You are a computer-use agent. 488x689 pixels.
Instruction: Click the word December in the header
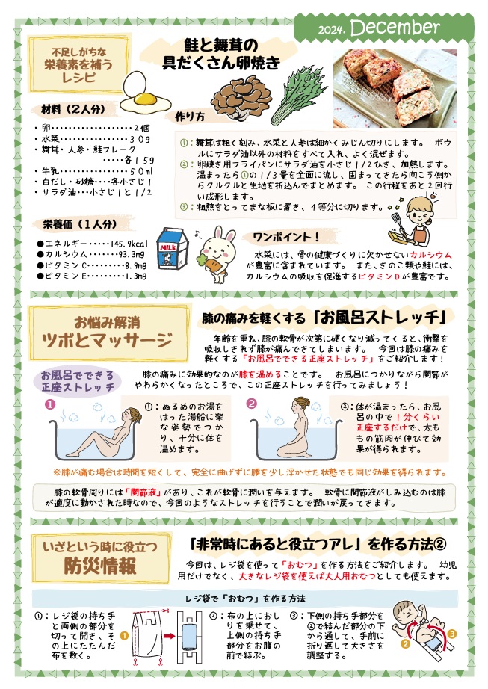(395, 28)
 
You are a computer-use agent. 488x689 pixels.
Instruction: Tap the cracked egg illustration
(144, 93)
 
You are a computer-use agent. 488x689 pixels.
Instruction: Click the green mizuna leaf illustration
(299, 99)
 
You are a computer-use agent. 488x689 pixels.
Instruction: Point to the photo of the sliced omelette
(395, 88)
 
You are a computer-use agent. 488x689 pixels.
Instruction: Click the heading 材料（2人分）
(73, 109)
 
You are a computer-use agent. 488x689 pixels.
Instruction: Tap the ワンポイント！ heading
(286, 237)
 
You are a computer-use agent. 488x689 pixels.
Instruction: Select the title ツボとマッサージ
(107, 340)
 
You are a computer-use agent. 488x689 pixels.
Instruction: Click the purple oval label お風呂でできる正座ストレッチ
(77, 381)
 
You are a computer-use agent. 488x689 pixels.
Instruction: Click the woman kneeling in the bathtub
(296, 427)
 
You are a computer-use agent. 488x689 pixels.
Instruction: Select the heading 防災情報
(99, 566)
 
